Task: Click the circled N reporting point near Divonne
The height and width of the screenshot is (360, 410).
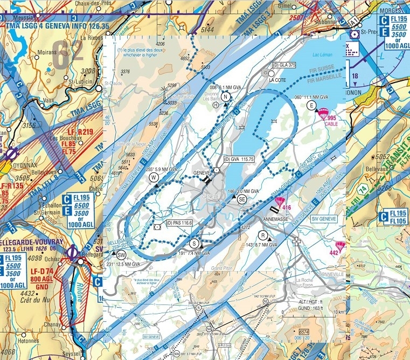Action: point(226,97)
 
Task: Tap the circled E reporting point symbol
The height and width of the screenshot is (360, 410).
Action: point(310,106)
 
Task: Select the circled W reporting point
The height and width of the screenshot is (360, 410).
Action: point(154,177)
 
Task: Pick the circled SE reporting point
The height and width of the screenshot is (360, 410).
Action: point(242,199)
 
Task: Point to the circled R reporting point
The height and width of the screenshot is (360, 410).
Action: point(262,236)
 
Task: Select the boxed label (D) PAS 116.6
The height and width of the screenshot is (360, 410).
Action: point(179,222)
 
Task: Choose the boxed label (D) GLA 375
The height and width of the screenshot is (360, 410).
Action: point(285,65)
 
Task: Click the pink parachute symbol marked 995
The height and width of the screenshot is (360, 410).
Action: point(323,114)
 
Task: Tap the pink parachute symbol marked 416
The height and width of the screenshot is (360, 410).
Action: point(279,202)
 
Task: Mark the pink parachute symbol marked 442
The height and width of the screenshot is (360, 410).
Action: point(340,246)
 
